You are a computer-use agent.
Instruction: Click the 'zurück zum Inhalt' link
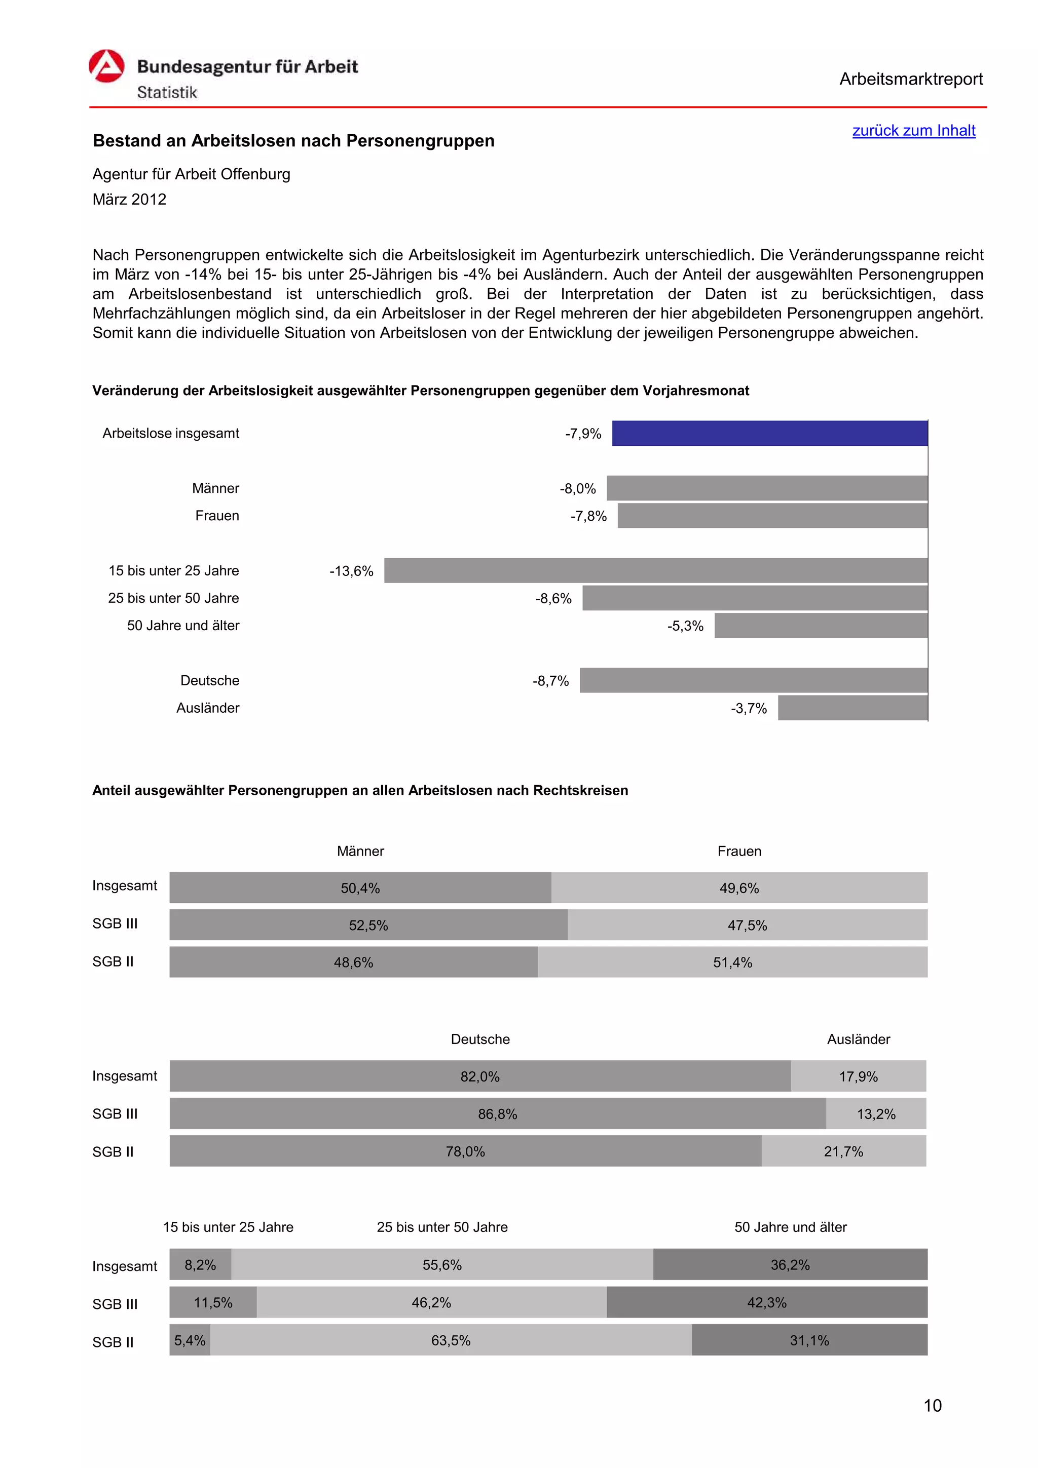(913, 130)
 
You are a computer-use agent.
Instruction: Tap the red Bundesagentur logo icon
(106, 66)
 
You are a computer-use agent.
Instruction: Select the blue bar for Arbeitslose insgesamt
(769, 433)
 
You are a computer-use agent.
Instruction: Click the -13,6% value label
(351, 571)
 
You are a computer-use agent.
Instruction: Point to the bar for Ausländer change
(852, 708)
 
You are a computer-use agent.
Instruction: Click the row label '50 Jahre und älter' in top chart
(183, 625)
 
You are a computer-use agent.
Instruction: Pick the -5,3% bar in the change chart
(821, 625)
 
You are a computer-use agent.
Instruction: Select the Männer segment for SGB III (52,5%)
(368, 924)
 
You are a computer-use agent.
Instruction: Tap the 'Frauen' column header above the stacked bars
(738, 851)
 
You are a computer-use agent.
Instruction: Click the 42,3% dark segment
(766, 1302)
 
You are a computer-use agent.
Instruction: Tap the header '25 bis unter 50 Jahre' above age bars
(442, 1227)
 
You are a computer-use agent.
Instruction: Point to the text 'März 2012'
(129, 200)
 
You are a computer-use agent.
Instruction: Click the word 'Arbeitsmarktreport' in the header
(911, 80)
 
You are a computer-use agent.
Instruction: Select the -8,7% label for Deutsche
(550, 681)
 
